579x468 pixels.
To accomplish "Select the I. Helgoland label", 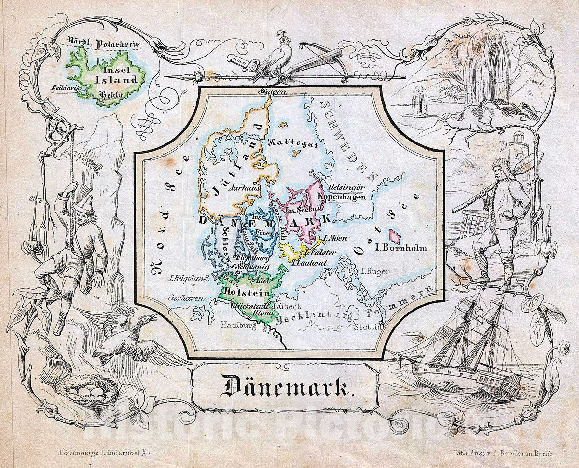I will (x=189, y=278).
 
